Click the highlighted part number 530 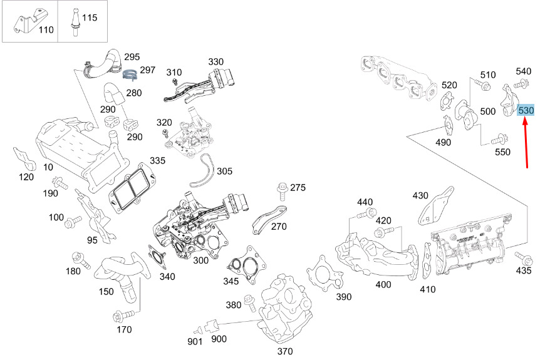pyautogui.click(x=526, y=110)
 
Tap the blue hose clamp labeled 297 pyautogui.click(x=130, y=75)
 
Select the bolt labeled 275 pyautogui.click(x=283, y=190)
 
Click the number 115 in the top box pyautogui.click(x=90, y=18)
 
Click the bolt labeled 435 pyautogui.click(x=524, y=258)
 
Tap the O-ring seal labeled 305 pyautogui.click(x=202, y=171)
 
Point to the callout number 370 pyautogui.click(x=284, y=351)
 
